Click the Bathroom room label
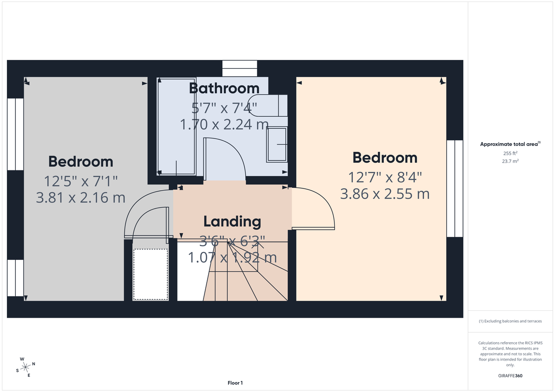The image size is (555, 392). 224,88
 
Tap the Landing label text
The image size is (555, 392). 232,222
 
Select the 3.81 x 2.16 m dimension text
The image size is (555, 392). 80,198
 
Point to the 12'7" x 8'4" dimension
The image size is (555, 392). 385,177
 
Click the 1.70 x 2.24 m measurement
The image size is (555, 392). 224,124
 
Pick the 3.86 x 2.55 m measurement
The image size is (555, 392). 385,194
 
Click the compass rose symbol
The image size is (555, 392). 26,367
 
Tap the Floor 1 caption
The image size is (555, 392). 235,383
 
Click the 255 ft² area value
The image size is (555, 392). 510,153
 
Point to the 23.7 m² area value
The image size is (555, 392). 510,161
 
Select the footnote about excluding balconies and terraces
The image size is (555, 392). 510,321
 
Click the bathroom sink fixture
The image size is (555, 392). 277,145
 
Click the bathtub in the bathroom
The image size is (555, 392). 176,126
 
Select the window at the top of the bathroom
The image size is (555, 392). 239,68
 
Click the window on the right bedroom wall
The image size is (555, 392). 455,188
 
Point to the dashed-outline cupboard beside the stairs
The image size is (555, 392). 150,274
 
